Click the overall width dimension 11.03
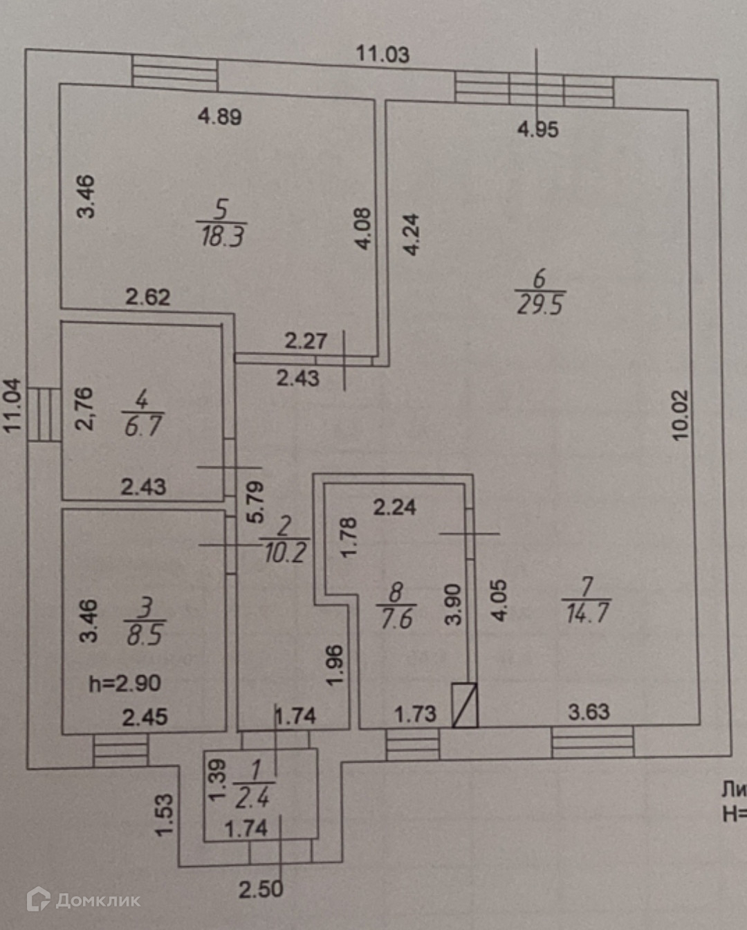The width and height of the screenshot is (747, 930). coord(382,54)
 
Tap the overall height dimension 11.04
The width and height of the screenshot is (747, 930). coord(13,406)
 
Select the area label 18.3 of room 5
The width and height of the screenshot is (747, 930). coord(222,237)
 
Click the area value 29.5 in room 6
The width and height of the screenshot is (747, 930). coord(540,304)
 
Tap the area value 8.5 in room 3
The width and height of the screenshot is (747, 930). coord(145,635)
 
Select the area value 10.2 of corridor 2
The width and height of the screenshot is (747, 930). coord(285,552)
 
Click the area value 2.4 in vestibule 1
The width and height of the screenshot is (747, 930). coord(252,799)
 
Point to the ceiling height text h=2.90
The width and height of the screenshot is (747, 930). coord(124,684)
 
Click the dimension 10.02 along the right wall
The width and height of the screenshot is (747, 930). coord(681,415)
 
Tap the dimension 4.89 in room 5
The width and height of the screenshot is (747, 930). coord(220,116)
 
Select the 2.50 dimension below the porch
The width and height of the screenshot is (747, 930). coord(261,889)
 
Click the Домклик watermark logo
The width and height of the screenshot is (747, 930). coord(83,900)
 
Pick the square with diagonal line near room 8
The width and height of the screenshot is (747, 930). coord(465,705)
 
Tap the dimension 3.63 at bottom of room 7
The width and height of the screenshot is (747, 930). coord(589,711)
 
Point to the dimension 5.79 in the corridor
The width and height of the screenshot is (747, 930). coord(255,502)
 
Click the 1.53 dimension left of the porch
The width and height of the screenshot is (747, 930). coord(164,814)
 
